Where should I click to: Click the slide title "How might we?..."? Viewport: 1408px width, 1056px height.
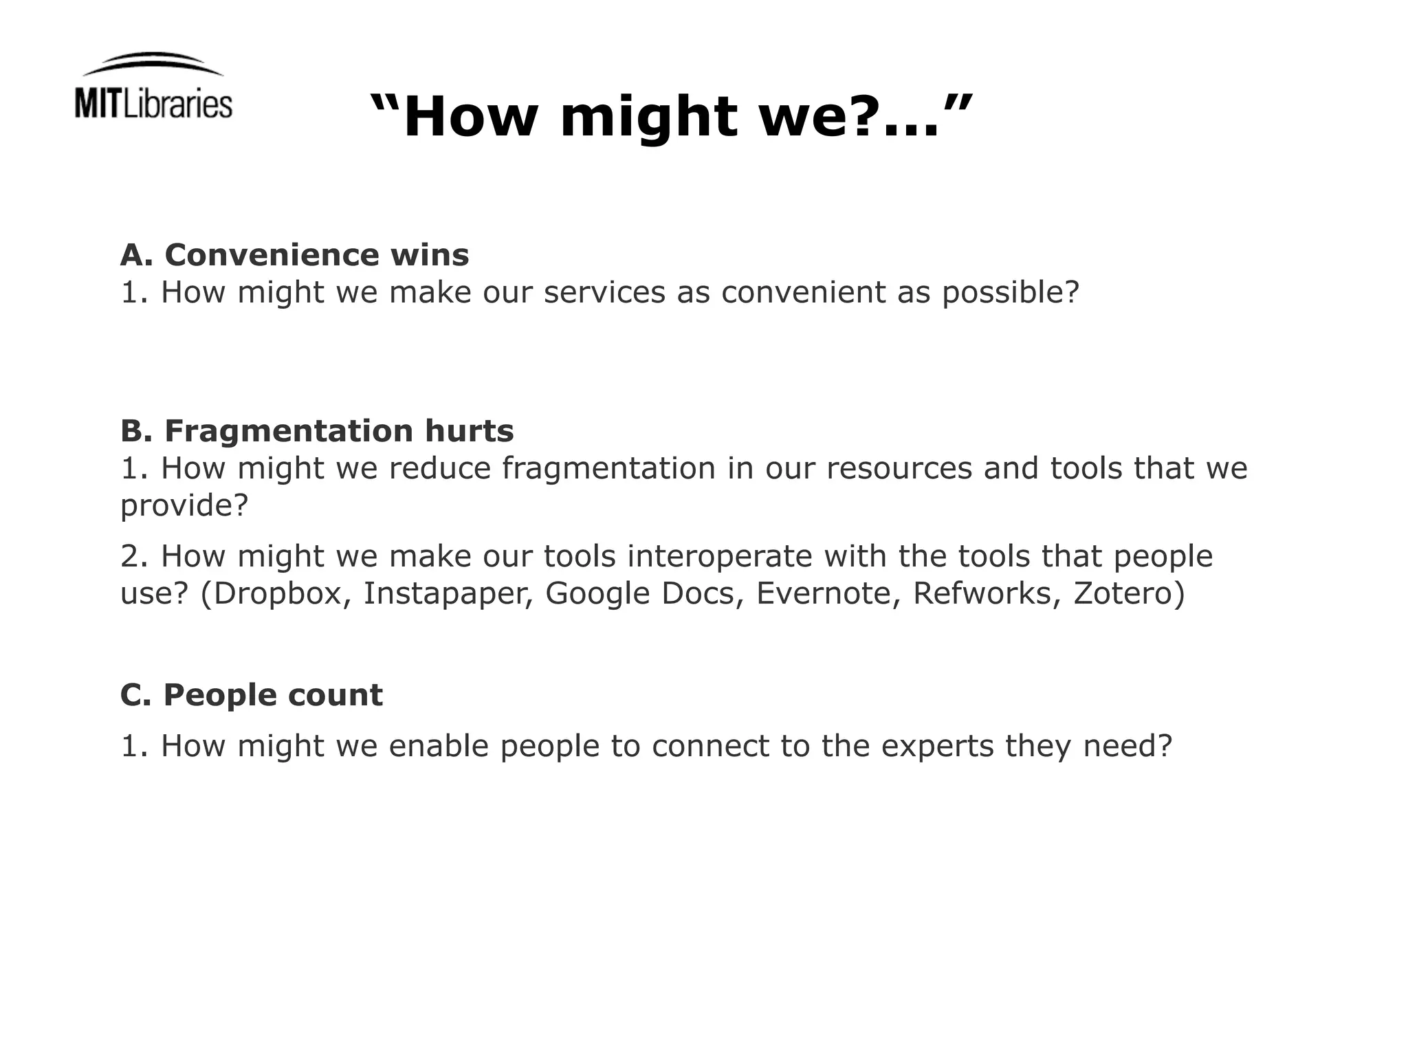672,116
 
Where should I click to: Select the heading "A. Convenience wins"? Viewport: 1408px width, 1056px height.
294,255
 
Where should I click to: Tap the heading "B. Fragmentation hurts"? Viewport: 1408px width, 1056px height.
317,431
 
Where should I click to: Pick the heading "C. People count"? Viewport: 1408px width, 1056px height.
251,695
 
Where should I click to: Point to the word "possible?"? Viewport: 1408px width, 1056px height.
1011,294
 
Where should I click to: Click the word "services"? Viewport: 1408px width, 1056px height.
604,292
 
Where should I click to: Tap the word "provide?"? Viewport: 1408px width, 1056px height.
184,507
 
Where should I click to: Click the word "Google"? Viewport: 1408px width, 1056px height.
597,594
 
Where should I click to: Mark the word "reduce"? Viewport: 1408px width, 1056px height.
440,469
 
